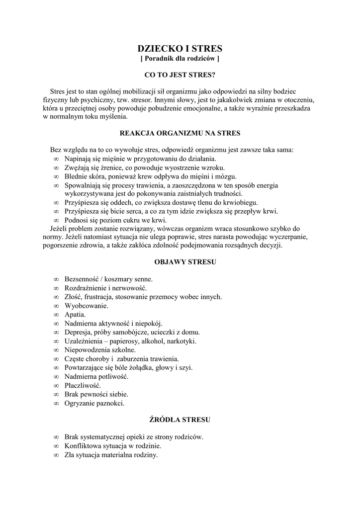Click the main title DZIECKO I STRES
(x=180, y=49)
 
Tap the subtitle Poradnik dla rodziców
(x=180, y=59)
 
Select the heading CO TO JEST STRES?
(x=180, y=75)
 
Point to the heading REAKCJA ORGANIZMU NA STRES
(x=180, y=133)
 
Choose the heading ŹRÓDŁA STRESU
(x=180, y=420)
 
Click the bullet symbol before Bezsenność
(x=56, y=279)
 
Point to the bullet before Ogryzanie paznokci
(x=56, y=403)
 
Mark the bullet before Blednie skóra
(x=56, y=176)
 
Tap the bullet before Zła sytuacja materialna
(x=56, y=455)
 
